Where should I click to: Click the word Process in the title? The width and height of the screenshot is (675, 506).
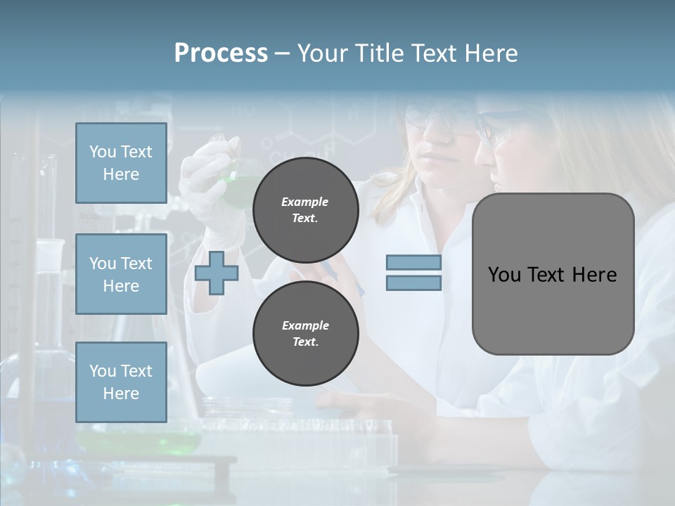[221, 53]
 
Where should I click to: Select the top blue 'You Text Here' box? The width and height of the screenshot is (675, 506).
[121, 163]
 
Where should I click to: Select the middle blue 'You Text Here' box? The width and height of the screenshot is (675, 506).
[121, 274]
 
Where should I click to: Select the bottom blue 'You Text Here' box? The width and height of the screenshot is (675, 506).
[121, 382]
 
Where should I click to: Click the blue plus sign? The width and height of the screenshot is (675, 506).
[217, 273]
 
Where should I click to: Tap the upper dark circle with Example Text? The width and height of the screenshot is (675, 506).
[305, 210]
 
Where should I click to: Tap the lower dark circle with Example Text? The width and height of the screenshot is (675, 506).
[305, 334]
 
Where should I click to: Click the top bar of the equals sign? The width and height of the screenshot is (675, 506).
[413, 263]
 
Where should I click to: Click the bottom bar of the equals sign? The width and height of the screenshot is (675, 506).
[413, 283]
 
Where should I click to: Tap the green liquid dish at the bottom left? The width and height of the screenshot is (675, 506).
[141, 441]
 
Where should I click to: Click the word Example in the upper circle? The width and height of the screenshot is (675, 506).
[305, 202]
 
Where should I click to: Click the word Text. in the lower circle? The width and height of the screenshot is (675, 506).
[305, 342]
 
